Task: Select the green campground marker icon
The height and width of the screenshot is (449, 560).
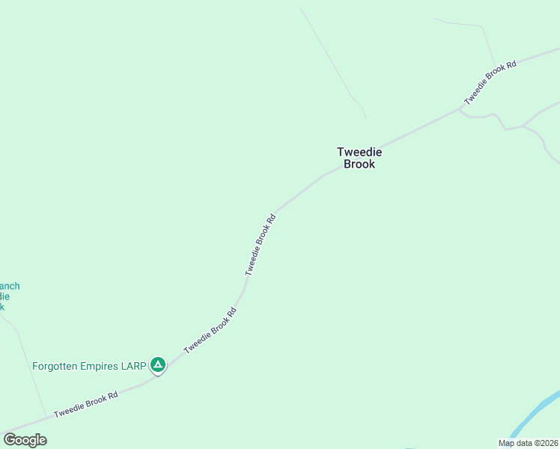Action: (158, 364)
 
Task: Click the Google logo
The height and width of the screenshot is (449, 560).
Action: (25, 440)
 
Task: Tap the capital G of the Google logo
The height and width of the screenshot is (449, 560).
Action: (9, 440)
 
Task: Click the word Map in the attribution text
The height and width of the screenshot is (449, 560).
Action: (507, 443)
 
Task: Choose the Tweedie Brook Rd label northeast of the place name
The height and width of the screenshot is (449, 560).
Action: (490, 82)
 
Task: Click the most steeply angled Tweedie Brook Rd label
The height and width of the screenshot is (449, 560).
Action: (261, 244)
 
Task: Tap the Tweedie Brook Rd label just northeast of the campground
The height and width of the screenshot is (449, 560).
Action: (210, 330)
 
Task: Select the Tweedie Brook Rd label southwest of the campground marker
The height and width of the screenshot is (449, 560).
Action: (86, 403)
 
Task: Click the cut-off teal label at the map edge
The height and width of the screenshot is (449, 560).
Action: (9, 296)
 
